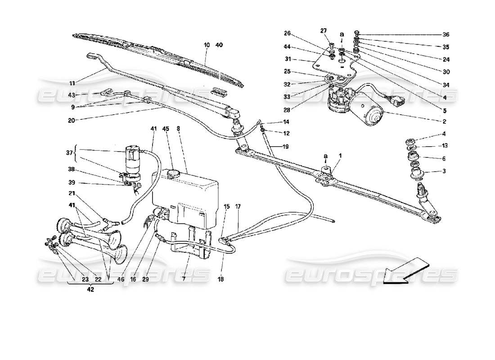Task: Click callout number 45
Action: pyautogui.click(x=166, y=129)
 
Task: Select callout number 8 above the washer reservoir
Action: pyautogui.click(x=178, y=129)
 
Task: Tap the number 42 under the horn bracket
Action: pyautogui.click(x=90, y=290)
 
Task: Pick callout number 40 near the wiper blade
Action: pyautogui.click(x=219, y=45)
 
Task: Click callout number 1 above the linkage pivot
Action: pyautogui.click(x=340, y=156)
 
